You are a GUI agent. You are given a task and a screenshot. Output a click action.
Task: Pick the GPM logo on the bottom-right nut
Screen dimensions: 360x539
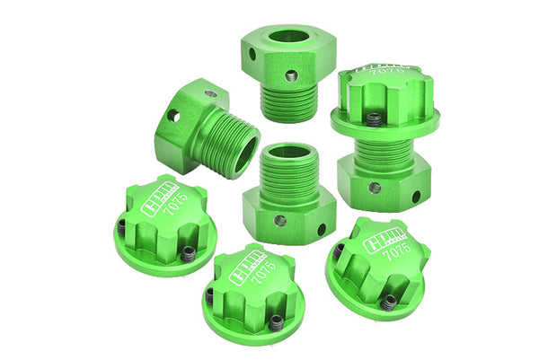pyautogui.click(x=376, y=238)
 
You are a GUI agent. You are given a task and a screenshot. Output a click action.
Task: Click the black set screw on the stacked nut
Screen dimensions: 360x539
pyautogui.click(x=373, y=118)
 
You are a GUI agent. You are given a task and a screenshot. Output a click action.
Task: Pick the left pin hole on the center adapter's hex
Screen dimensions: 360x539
pyautogui.click(x=279, y=221)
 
